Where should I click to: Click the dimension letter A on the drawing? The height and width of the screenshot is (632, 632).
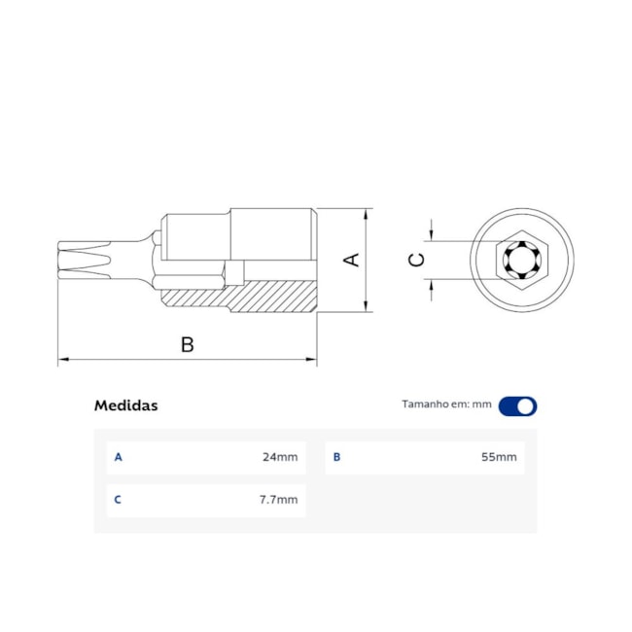[x=354, y=260]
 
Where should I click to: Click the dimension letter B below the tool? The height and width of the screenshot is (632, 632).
[x=188, y=344]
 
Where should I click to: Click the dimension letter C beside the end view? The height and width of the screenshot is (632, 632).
[x=416, y=260]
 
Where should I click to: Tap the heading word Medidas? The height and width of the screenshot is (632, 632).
[x=125, y=405]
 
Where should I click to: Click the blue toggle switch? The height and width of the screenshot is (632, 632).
[x=517, y=406]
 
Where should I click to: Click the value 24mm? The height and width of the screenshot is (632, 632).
[x=280, y=457]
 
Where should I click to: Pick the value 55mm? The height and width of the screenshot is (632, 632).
[x=500, y=457]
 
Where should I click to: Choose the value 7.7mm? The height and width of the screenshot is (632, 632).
[x=279, y=500]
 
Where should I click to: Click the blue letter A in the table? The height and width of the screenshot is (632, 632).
[x=119, y=457]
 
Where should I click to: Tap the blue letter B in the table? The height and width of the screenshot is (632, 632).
[x=337, y=457]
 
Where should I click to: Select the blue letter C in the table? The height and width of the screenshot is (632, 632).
[x=119, y=500]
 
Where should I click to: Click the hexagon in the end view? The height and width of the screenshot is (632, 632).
[x=522, y=261]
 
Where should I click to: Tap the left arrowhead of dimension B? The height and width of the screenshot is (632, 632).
[x=62, y=361]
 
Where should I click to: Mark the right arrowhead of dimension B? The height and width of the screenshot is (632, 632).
[x=313, y=361]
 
